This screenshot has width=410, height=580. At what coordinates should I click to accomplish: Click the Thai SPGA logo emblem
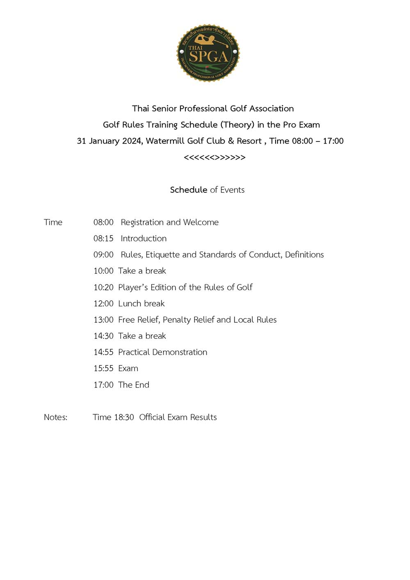208,53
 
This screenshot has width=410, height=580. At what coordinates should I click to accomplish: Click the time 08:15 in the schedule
103,238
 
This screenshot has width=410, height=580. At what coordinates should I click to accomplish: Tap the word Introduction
143,238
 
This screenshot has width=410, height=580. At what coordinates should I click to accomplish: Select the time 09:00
103,255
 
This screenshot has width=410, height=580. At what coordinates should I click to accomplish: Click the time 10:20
103,287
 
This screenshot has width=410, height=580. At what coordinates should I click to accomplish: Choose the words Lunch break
141,304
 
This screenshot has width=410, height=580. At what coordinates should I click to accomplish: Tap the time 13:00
103,320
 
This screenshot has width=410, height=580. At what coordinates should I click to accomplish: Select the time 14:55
103,352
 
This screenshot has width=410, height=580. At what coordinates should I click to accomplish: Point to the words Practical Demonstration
162,352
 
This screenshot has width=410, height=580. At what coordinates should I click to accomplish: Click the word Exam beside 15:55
128,368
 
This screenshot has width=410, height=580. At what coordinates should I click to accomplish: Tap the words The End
134,385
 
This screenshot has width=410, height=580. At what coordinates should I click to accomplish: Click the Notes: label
55,417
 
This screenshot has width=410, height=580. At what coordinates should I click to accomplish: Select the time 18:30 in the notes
124,417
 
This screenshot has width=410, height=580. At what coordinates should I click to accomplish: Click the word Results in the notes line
203,417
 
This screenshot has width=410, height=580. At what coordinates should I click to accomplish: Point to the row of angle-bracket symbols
214,158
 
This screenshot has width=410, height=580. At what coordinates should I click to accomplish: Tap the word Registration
142,222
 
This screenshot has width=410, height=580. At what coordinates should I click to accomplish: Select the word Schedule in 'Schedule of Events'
189,190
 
